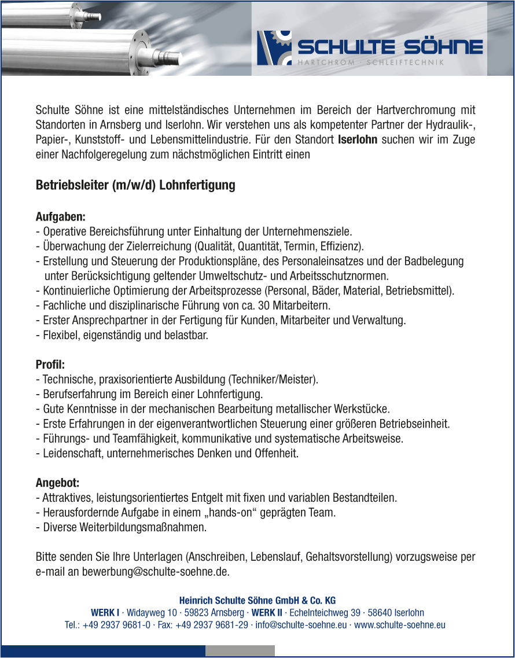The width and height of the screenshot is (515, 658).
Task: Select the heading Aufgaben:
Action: tap(61, 217)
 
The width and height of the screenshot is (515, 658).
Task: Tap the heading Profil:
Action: tap(50, 365)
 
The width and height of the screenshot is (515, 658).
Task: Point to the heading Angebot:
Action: tap(58, 483)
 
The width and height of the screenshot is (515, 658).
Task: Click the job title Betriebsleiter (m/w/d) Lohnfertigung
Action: tap(135, 185)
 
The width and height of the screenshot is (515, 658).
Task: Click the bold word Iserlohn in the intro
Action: tap(358, 139)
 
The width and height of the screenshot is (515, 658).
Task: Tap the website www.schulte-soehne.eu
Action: tap(400, 624)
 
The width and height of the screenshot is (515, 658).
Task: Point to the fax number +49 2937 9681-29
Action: tap(211, 624)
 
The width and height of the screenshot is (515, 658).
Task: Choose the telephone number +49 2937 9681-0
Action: tap(117, 624)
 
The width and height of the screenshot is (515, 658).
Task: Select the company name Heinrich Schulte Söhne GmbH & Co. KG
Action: tap(257, 600)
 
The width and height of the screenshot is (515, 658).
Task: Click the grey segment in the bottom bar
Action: tap(240, 651)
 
